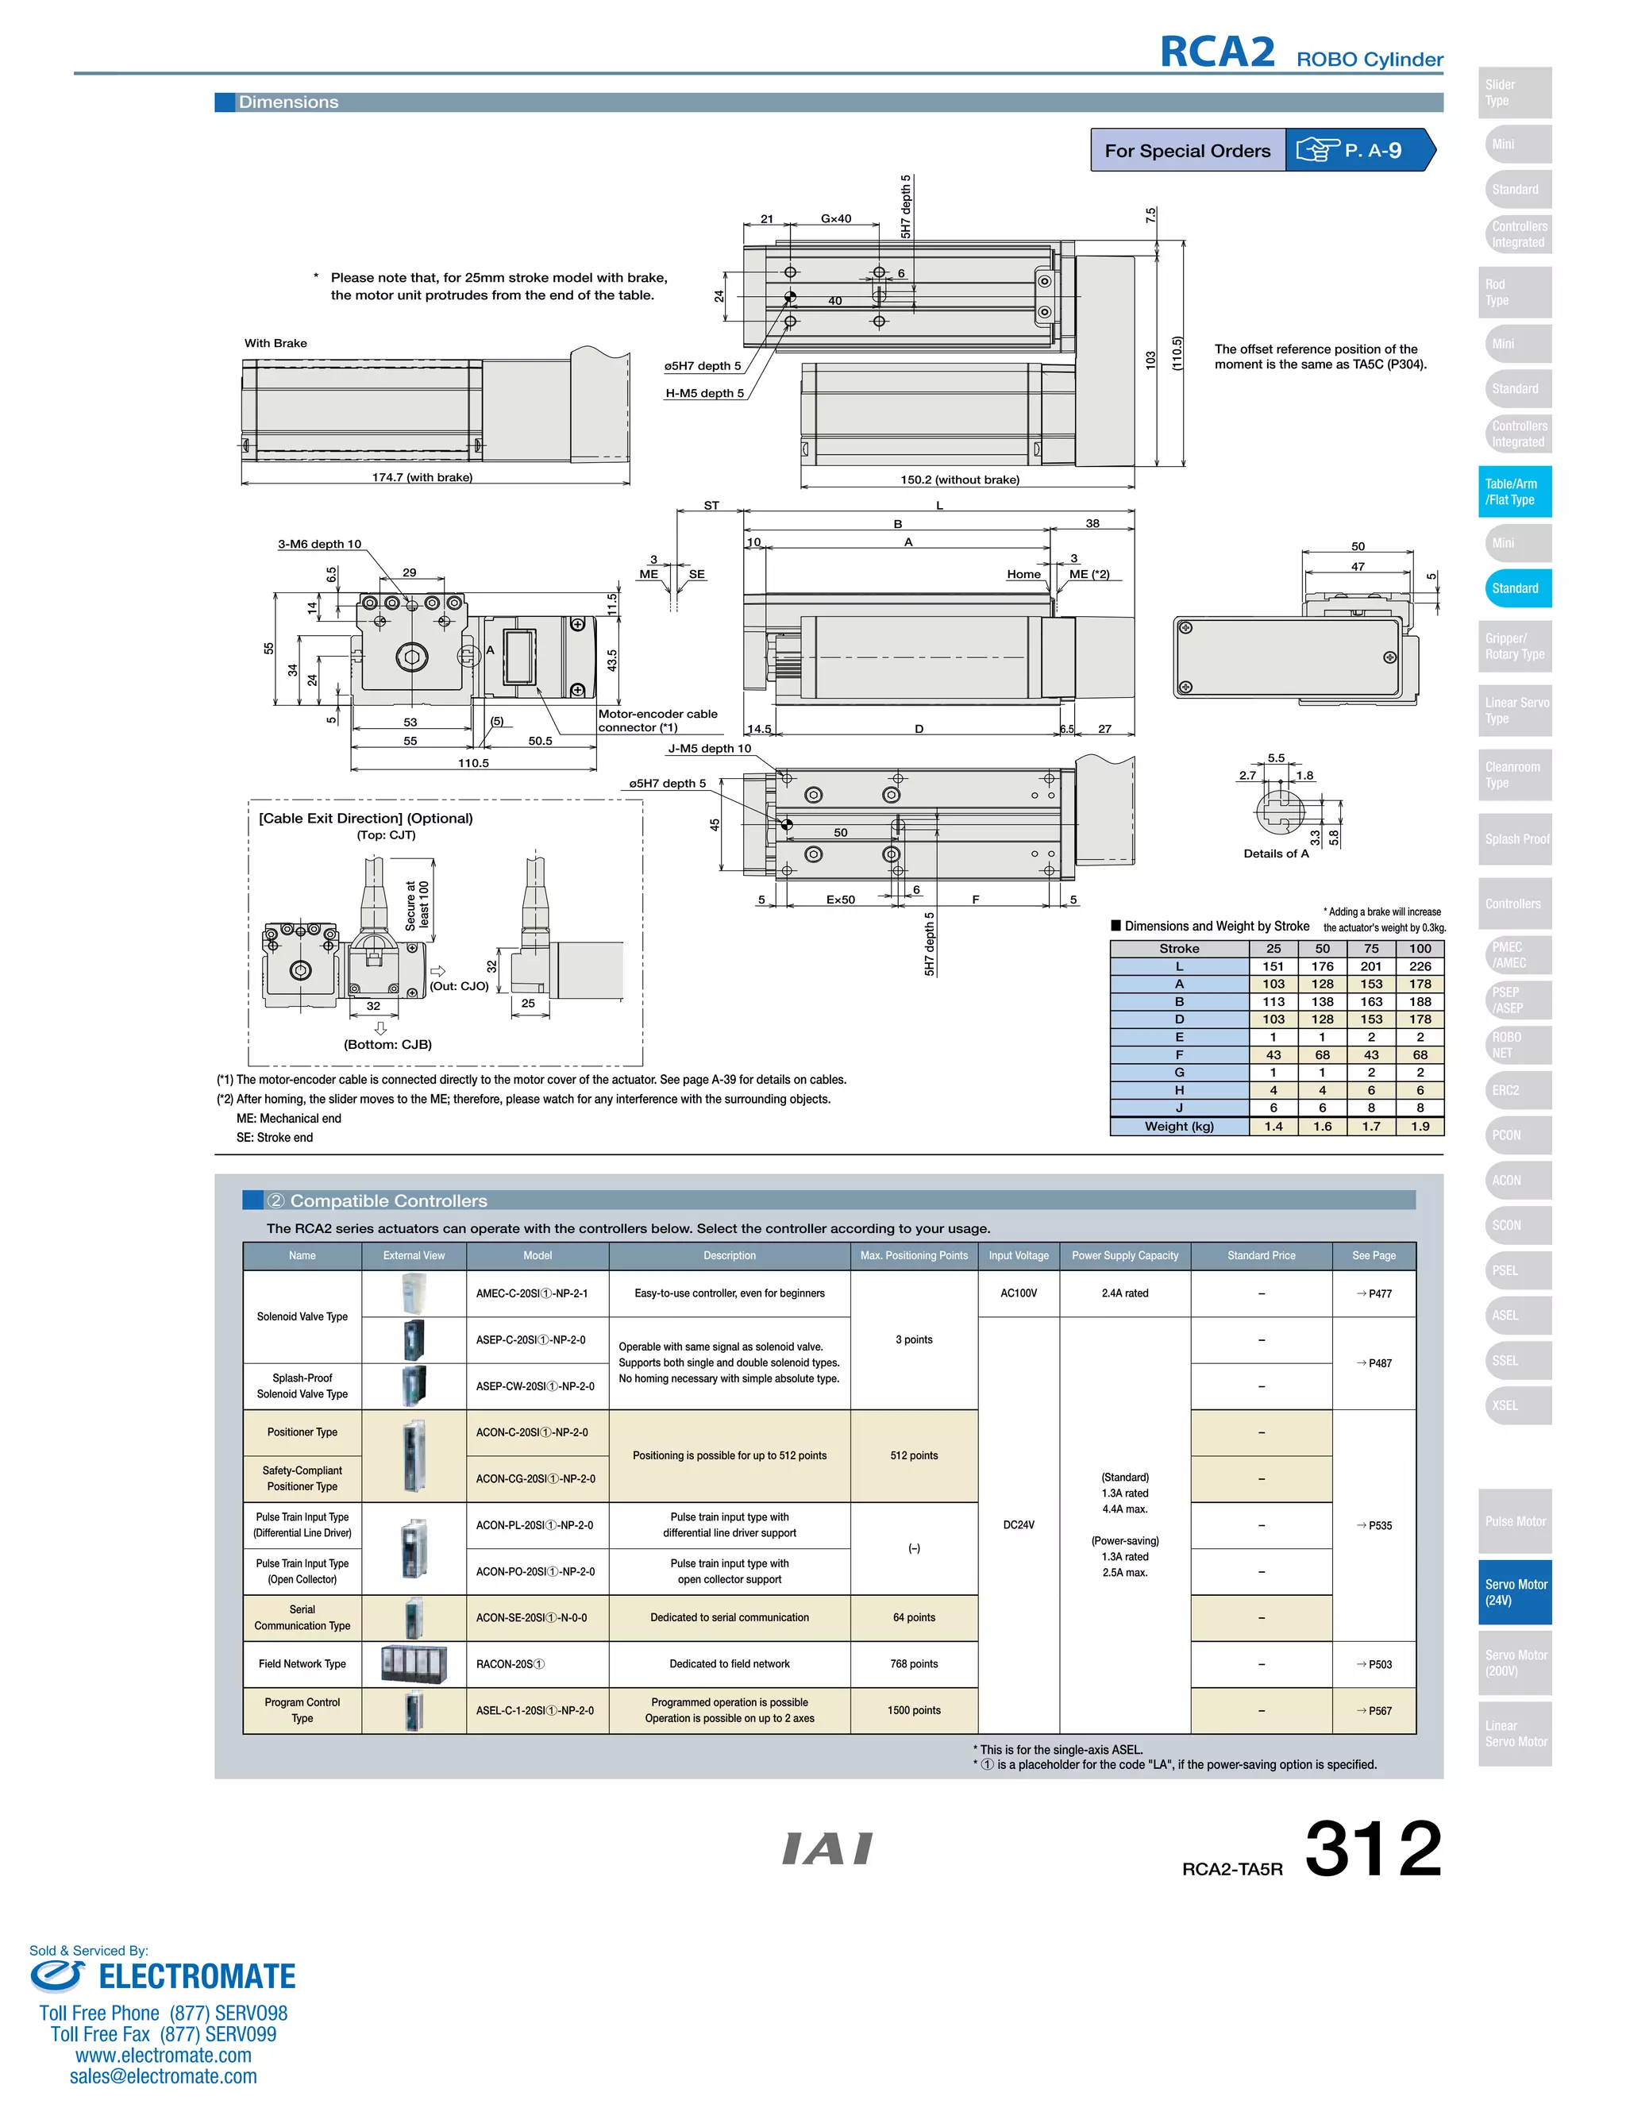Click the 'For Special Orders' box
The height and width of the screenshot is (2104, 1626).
coord(1187,150)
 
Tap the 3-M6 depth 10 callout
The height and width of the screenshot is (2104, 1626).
coord(320,545)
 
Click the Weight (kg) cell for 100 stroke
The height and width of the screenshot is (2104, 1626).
coord(1420,1126)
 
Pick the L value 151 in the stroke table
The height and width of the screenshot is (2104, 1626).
coord(1273,966)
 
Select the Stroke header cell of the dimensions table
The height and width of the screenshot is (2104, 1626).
coord(1179,949)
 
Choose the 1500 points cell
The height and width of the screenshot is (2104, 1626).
coord(913,1710)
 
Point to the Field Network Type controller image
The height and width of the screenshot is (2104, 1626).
coord(414,1663)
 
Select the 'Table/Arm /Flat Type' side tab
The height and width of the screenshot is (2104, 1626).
coord(1514,491)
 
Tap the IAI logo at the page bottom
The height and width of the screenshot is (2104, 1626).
coord(826,1848)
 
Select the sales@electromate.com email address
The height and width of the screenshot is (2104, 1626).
coord(163,2076)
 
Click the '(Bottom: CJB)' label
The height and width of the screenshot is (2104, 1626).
coord(387,1044)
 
